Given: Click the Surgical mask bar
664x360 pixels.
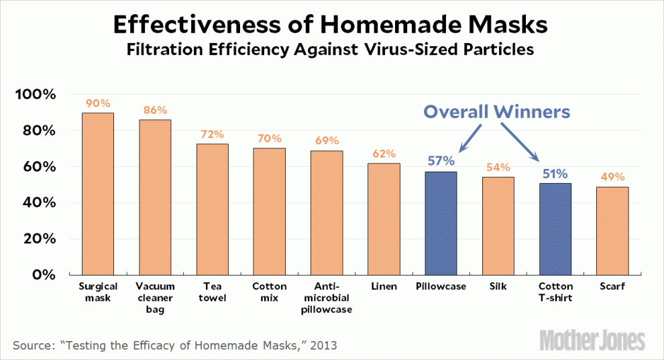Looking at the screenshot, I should pos(97,194).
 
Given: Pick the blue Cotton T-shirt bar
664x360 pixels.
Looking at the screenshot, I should pos(555,229).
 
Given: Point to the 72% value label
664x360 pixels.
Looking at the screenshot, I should pos(212,135).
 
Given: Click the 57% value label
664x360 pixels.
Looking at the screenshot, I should pos(441,161).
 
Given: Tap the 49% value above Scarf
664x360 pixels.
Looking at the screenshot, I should pos(612,177).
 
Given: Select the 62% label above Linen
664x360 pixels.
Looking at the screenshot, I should pos(384,154).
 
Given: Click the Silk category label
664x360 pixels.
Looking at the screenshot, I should pos(498,286).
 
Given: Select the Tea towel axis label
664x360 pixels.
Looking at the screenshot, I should pos(212,292).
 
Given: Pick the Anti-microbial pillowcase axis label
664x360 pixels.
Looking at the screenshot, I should pos(327,298).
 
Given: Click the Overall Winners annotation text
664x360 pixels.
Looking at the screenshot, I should pos(496,111).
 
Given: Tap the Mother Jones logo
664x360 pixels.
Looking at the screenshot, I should pos(592,340).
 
